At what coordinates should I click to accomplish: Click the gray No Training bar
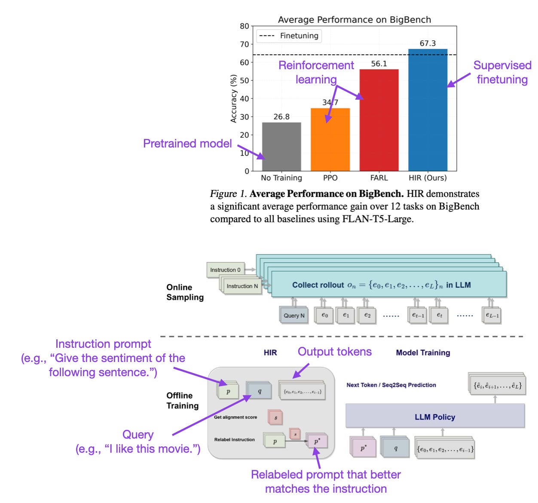pos(281,147)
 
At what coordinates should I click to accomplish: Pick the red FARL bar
pos(379,120)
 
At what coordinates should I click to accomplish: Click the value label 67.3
pos(428,43)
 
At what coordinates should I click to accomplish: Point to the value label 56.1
pos(379,64)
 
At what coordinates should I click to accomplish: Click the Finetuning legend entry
pos(289,36)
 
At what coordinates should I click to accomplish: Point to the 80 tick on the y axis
pos(244,26)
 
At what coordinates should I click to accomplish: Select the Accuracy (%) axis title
pos(234,98)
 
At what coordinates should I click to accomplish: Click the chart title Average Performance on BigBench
pos(354,20)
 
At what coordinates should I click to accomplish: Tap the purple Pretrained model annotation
pos(187,144)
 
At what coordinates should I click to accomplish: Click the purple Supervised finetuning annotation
pos(502,72)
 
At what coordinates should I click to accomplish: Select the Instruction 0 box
pos(226,270)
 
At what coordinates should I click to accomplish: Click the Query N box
pos(294,316)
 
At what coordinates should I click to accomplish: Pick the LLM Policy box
pos(435,417)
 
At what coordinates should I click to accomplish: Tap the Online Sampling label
pos(185,292)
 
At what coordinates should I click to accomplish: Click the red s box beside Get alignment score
pos(275,417)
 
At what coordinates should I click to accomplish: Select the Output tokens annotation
pos(334,352)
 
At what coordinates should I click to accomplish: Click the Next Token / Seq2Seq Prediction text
pos(391,385)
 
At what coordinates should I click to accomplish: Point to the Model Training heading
pos(423,353)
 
